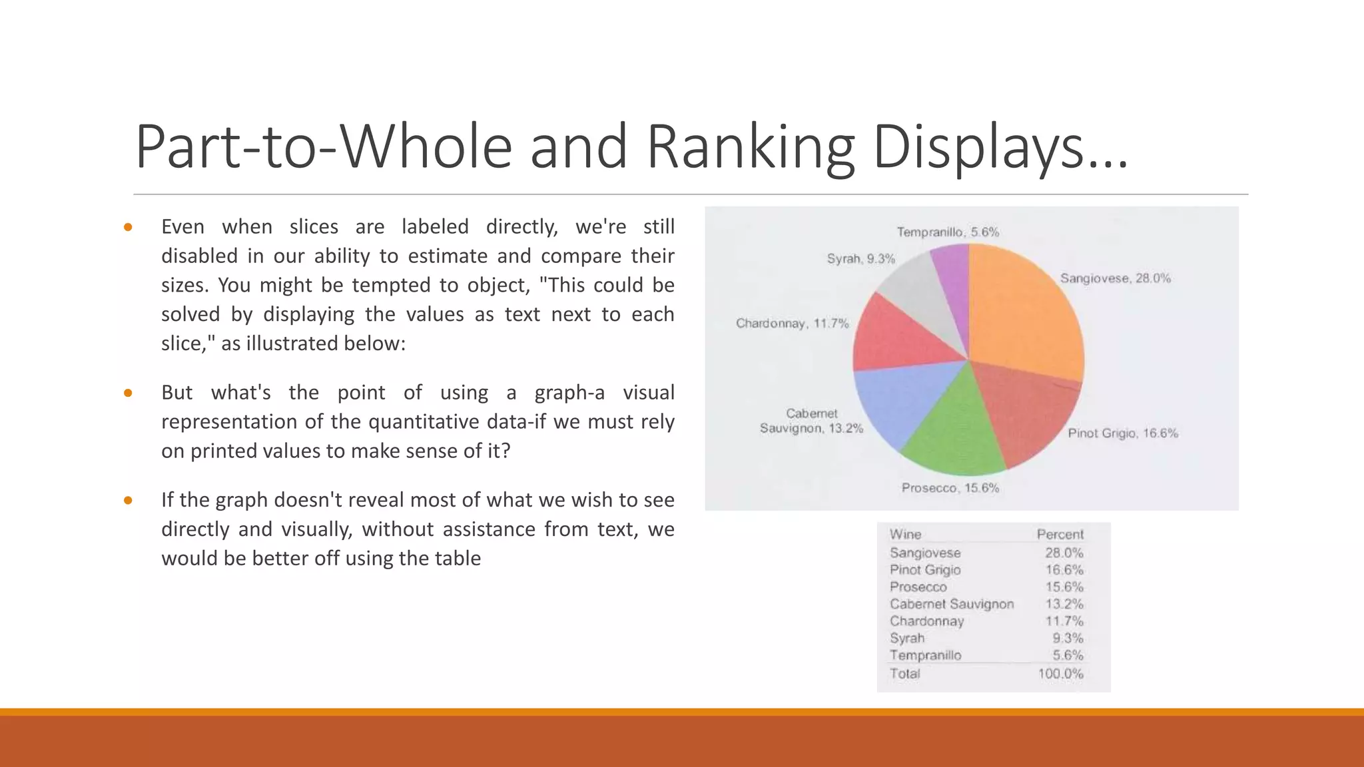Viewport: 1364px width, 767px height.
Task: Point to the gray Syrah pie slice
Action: (919, 293)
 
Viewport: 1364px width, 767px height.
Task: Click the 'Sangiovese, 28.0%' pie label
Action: (1115, 278)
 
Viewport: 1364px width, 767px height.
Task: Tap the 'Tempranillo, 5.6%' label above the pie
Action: (947, 232)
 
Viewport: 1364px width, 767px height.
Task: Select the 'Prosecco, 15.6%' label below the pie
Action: (950, 488)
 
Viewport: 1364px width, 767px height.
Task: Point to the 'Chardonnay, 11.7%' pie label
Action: (792, 324)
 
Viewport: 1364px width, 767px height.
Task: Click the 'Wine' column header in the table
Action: (905, 535)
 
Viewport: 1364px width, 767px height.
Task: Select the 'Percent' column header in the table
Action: (1060, 535)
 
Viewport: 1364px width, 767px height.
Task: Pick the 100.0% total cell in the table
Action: (1060, 674)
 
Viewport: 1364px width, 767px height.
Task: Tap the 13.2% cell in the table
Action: (1064, 604)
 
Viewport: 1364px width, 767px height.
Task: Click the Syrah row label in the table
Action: (906, 638)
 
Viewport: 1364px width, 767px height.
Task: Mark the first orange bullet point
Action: (128, 228)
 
